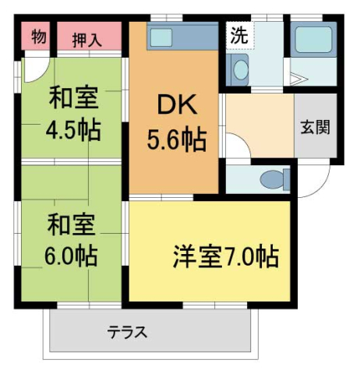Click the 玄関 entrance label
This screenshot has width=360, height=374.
[x=315, y=126]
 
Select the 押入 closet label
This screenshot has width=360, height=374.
[x=87, y=40]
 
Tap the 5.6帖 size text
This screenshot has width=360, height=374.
[x=176, y=139]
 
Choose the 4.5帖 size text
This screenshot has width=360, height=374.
[x=72, y=129]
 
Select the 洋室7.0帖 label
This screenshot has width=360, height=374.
[x=225, y=256]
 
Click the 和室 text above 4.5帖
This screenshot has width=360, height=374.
[x=72, y=99]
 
